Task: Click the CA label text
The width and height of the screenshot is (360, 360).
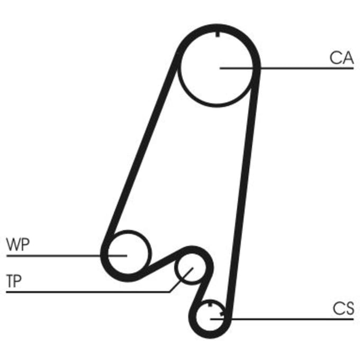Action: click(341, 58)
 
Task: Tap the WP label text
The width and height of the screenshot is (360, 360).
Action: click(18, 245)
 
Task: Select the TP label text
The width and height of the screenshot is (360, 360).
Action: click(14, 281)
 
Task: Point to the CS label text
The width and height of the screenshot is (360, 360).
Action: click(343, 308)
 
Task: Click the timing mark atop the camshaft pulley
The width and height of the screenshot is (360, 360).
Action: click(218, 34)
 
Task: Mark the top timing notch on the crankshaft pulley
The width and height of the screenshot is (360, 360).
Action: click(210, 304)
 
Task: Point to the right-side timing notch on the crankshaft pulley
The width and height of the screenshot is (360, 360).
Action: click(222, 313)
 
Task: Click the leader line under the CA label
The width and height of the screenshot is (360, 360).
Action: click(286, 68)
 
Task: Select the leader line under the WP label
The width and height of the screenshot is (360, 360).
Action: click(67, 256)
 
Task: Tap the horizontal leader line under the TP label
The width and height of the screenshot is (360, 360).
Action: click(88, 292)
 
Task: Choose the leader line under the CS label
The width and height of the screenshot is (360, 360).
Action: click(282, 319)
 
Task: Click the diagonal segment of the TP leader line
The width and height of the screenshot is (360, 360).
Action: click(182, 280)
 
